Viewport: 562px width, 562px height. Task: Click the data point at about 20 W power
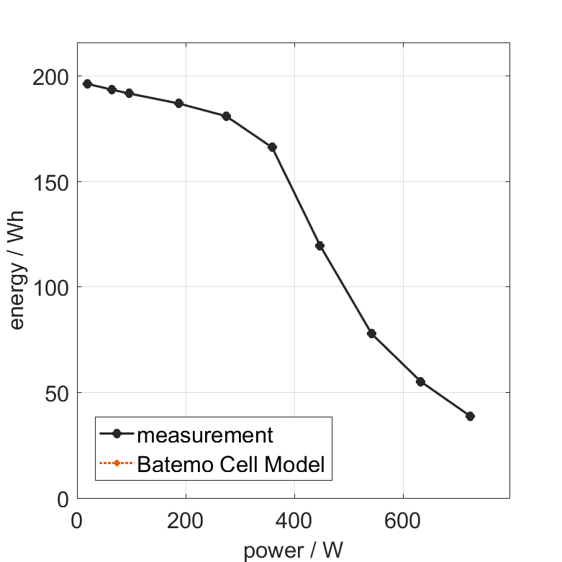(x=87, y=83)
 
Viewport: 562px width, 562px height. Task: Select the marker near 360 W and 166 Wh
(x=272, y=147)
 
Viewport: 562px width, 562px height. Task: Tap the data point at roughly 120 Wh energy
(x=319, y=245)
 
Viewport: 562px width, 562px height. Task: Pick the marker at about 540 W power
(x=371, y=333)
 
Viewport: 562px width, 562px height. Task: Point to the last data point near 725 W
(x=470, y=416)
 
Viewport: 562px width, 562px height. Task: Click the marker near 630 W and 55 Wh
(x=420, y=381)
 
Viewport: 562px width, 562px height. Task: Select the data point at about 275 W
(x=226, y=116)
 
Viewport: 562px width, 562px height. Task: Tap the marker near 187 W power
(x=178, y=103)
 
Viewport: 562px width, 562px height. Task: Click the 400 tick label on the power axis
(x=294, y=521)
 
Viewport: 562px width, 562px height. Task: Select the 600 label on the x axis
(x=403, y=521)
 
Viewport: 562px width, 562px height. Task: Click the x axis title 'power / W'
(x=294, y=550)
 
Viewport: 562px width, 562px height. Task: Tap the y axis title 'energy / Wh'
(x=17, y=270)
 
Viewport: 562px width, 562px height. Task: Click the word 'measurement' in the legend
(x=205, y=435)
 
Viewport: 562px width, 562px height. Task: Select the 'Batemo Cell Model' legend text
(x=230, y=464)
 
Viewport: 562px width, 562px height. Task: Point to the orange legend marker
(x=116, y=463)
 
